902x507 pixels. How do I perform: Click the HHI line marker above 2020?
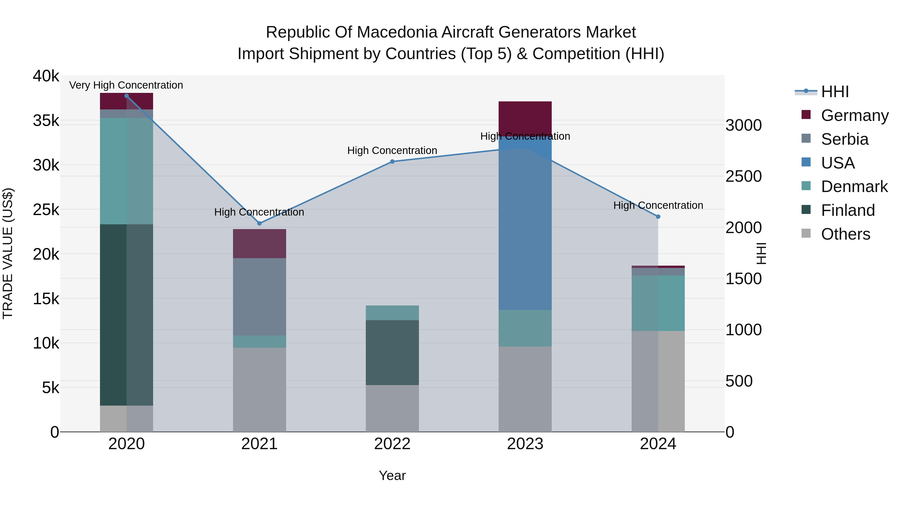(127, 96)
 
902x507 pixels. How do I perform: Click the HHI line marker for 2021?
(260, 223)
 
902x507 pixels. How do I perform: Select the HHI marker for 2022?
(392, 162)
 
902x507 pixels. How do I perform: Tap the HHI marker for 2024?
(658, 217)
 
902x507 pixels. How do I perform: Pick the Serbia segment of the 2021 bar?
(260, 297)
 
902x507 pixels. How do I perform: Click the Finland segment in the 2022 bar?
(392, 353)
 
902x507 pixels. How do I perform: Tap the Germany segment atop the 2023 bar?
(525, 115)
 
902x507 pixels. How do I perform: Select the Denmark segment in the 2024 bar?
(658, 303)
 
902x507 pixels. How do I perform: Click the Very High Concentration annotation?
(126, 85)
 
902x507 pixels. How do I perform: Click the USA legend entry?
(838, 163)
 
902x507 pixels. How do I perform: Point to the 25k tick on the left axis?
(46, 210)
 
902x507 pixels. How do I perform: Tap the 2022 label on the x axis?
(392, 444)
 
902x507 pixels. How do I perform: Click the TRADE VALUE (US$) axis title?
(8, 253)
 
